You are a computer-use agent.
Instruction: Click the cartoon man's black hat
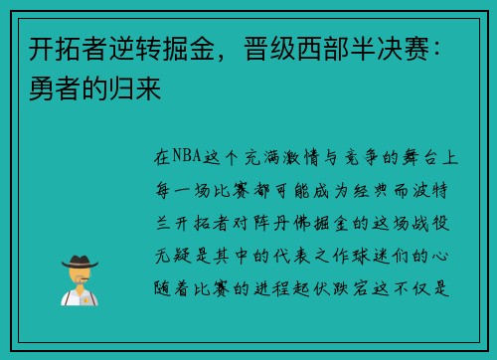(79, 262)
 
